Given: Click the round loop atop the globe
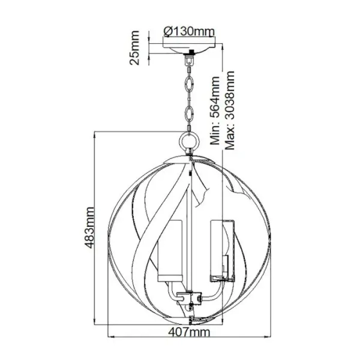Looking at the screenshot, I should pos(190,142).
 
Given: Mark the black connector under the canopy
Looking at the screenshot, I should pos(191,59).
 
